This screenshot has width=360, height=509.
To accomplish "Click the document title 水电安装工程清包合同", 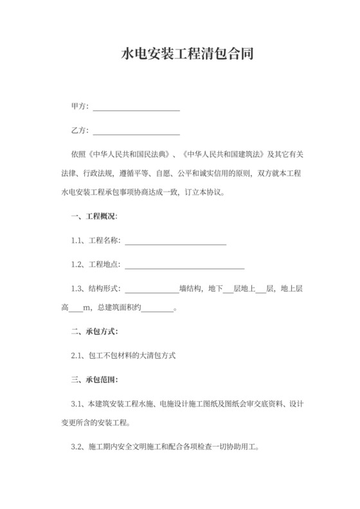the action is (180, 54).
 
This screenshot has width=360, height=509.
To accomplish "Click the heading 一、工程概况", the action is (94, 216).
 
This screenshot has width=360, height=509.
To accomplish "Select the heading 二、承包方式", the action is (94, 332).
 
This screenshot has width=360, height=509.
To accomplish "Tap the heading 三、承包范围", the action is (94, 380).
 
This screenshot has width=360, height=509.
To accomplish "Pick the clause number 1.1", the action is (77, 240).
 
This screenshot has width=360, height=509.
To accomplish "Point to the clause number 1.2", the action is (77, 264).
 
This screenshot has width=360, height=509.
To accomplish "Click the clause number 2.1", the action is (77, 355).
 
